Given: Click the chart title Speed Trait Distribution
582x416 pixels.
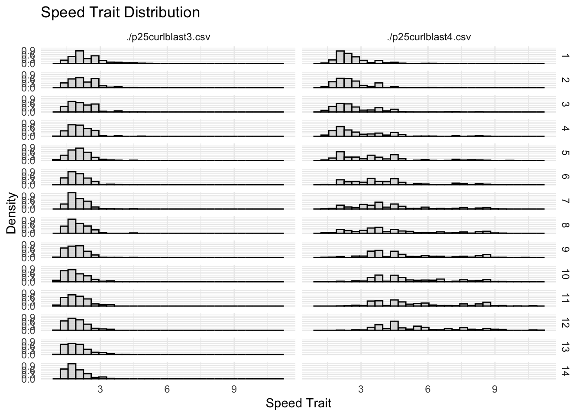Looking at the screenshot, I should (x=120, y=13).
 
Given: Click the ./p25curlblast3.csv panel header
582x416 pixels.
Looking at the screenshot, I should (x=168, y=37).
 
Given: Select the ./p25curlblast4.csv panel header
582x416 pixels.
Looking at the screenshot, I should (x=429, y=37).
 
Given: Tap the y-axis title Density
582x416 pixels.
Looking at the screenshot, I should (x=12, y=213).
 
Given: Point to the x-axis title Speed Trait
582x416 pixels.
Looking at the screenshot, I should (x=298, y=403).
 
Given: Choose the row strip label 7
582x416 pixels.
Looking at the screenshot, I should (x=564, y=201).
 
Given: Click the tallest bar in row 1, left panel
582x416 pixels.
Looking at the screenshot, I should (x=80, y=57).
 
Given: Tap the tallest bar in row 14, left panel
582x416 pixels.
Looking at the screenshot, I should (x=72, y=372).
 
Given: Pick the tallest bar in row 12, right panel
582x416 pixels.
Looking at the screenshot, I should (x=394, y=326).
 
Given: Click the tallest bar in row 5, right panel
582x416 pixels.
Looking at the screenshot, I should (x=340, y=156).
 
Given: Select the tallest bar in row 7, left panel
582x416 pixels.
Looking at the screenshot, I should (x=72, y=201).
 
